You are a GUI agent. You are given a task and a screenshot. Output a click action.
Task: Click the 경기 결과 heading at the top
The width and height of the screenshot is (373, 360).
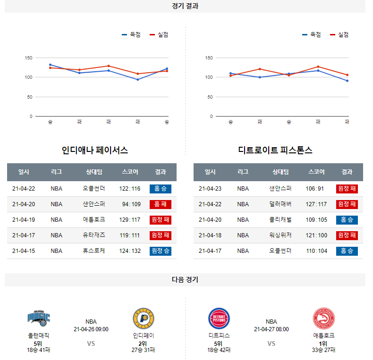click(x=185, y=6)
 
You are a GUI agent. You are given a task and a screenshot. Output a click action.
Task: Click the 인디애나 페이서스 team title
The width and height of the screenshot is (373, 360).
click(x=95, y=151)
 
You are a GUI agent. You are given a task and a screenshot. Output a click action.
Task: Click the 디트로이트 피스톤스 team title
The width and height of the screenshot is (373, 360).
click(x=275, y=151)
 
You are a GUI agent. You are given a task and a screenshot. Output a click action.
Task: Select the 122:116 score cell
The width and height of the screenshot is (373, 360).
click(x=130, y=189)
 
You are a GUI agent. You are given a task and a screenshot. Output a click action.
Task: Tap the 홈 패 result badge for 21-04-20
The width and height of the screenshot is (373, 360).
click(x=160, y=204)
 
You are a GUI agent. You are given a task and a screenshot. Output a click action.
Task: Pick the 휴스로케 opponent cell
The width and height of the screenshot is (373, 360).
click(x=93, y=251)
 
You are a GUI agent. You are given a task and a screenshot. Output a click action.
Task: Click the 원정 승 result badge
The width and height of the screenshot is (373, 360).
click(x=160, y=251)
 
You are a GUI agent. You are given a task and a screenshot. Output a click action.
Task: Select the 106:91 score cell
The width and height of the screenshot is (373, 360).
click(x=315, y=189)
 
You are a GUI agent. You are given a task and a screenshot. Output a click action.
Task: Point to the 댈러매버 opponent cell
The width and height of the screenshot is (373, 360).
click(x=280, y=204)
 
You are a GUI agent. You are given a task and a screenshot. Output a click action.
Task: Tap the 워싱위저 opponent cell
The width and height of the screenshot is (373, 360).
click(x=280, y=235)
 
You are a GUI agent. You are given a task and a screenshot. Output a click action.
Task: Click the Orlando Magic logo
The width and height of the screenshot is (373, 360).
click(x=38, y=318)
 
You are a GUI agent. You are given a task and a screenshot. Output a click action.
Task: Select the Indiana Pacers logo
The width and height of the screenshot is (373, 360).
click(x=144, y=318)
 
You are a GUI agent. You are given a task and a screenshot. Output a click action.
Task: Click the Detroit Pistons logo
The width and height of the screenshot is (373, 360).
click(x=219, y=318)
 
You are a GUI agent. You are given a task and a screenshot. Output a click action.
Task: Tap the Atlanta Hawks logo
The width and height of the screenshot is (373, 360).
click(x=323, y=318)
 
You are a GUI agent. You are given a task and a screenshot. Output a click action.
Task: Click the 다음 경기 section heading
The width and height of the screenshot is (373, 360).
click(x=185, y=280)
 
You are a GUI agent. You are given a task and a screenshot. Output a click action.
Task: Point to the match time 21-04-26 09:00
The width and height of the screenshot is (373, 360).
click(x=91, y=329)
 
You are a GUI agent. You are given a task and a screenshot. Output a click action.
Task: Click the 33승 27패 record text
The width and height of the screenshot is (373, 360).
click(x=323, y=350)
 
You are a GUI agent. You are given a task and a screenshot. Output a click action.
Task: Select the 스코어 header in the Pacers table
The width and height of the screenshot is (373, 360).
click(x=130, y=172)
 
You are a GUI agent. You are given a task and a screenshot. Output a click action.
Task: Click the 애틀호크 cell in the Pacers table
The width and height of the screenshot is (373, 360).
click(x=93, y=220)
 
